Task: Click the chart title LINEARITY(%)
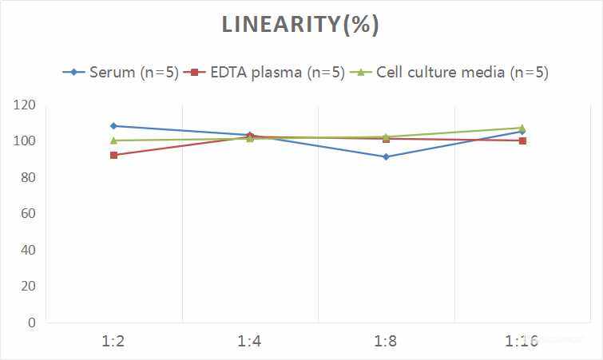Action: point(300,25)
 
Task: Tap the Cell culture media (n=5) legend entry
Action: point(453,72)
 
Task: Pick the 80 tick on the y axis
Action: point(28,177)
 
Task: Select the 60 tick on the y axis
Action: point(28,214)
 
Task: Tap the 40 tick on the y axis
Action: point(28,250)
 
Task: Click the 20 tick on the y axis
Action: point(28,286)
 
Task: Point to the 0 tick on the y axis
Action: point(32,322)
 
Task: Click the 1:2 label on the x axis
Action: point(113,342)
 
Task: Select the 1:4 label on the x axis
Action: point(250,342)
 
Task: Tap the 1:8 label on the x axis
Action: point(386,342)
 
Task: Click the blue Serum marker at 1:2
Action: point(113,126)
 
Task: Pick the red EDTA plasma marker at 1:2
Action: point(113,155)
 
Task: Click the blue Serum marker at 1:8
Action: point(386,156)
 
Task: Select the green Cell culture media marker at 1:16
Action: point(522,128)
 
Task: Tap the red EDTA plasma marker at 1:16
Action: point(522,140)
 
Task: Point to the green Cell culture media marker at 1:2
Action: point(113,140)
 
